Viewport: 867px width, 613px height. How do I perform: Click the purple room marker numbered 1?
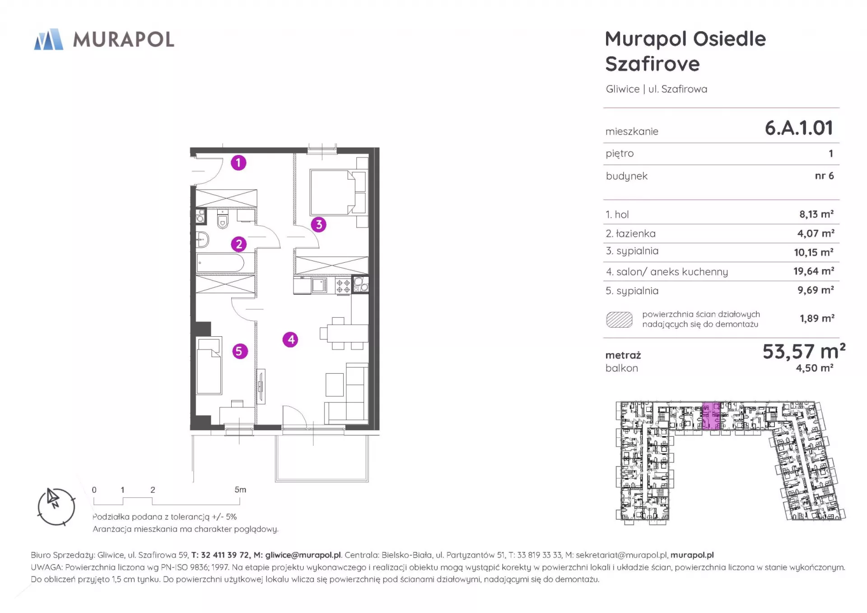[238, 163]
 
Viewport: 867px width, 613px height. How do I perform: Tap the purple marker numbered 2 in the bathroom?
[239, 244]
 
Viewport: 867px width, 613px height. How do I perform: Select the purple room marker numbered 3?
[319, 224]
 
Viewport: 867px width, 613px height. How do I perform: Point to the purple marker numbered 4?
[290, 339]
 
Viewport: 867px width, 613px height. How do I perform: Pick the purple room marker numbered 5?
[240, 351]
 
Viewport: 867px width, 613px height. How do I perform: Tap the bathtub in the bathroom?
[221, 263]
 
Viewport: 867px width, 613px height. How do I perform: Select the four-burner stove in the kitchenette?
[343, 286]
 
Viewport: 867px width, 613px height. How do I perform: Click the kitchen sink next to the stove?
[319, 285]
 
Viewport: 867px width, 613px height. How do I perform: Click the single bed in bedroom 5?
[209, 366]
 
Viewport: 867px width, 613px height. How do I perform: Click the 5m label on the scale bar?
[240, 490]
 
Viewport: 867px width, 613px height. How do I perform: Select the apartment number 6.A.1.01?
[799, 128]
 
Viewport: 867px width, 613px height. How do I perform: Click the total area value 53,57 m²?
[804, 351]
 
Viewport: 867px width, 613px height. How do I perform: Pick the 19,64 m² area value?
[814, 271]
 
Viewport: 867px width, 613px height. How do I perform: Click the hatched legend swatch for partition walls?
[619, 319]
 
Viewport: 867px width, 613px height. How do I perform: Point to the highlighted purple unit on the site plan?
[711, 415]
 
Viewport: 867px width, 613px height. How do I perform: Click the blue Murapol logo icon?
[49, 39]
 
